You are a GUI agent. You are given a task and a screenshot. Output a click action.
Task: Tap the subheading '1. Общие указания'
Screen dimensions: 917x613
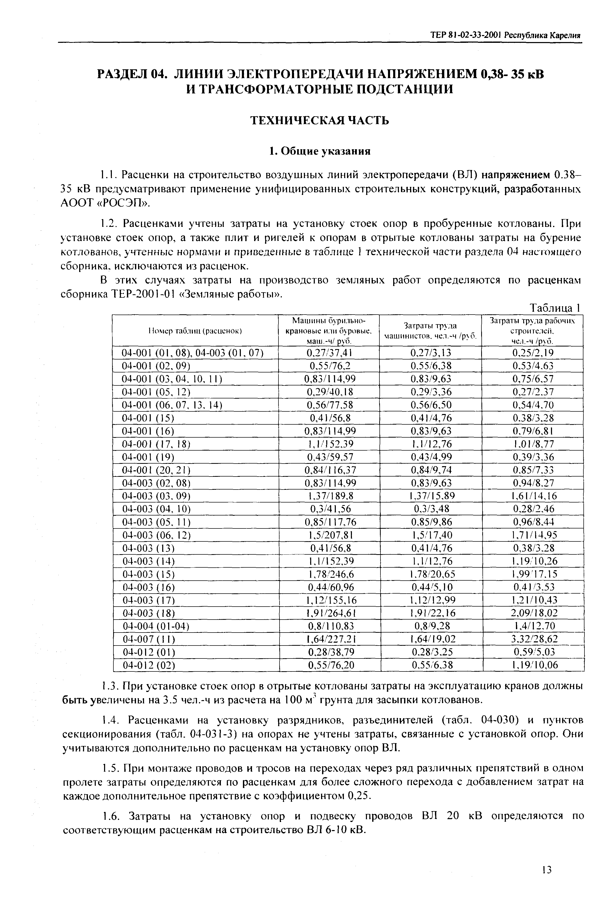pos(319,151)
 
